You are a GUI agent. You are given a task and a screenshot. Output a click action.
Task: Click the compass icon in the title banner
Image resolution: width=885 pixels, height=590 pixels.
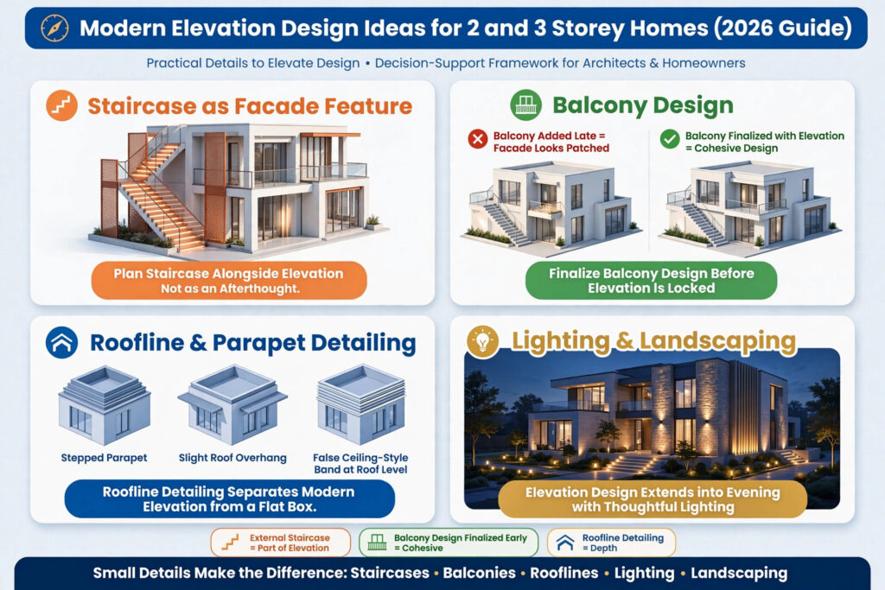coord(54,29)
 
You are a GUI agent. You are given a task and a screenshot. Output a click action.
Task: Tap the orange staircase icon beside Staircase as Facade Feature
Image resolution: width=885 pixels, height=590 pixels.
coord(61,105)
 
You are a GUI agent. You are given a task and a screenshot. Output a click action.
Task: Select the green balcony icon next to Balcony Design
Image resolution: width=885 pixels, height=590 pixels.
coord(525,105)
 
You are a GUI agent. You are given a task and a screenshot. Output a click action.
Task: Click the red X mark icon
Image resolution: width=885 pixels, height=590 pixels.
coord(477,139)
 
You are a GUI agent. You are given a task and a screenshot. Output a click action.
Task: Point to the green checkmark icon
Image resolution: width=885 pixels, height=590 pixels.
coord(670,139)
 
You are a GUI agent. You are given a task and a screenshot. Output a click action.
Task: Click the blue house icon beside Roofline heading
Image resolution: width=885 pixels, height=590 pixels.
coord(61,342)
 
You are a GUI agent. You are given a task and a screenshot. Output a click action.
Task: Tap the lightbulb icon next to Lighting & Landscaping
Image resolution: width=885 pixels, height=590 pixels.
coord(482,341)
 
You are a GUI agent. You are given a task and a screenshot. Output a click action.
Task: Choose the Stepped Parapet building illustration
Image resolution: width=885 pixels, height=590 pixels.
coord(105,405)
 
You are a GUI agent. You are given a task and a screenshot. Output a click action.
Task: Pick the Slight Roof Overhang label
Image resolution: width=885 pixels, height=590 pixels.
coord(232,458)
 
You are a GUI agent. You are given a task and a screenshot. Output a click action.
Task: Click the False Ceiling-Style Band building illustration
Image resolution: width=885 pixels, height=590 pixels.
coord(360,404)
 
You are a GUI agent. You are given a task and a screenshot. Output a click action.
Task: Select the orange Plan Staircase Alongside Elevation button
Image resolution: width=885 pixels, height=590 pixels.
coord(229,281)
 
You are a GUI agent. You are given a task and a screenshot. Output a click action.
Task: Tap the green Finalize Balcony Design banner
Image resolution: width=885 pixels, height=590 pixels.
coord(652,281)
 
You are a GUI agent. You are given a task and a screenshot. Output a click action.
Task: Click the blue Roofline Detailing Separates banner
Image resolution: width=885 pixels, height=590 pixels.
coord(229,498)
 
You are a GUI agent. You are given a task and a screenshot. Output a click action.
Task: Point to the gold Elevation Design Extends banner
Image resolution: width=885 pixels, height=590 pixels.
coord(653,499)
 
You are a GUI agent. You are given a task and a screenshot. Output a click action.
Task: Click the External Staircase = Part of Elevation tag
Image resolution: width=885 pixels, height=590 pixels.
coord(281,542)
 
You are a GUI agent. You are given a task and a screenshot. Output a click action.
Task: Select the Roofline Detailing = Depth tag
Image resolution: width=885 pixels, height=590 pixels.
coord(611,542)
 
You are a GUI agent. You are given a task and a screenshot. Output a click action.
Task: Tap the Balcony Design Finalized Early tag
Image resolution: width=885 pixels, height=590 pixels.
coord(449,542)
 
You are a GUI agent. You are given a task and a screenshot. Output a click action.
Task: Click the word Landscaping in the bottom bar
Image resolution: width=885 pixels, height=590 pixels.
coord(739,573)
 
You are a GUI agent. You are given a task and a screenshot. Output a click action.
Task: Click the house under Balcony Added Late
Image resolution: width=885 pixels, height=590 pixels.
coord(551,206)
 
